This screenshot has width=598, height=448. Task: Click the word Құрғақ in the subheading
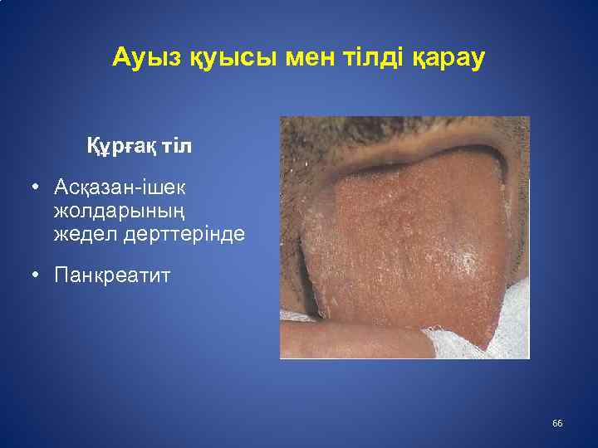(x=122, y=147)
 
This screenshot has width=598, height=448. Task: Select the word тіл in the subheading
(x=177, y=147)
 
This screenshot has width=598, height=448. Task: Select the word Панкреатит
(x=112, y=275)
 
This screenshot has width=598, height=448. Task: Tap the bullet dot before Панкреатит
(x=37, y=275)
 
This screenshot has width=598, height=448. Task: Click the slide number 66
(x=557, y=424)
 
